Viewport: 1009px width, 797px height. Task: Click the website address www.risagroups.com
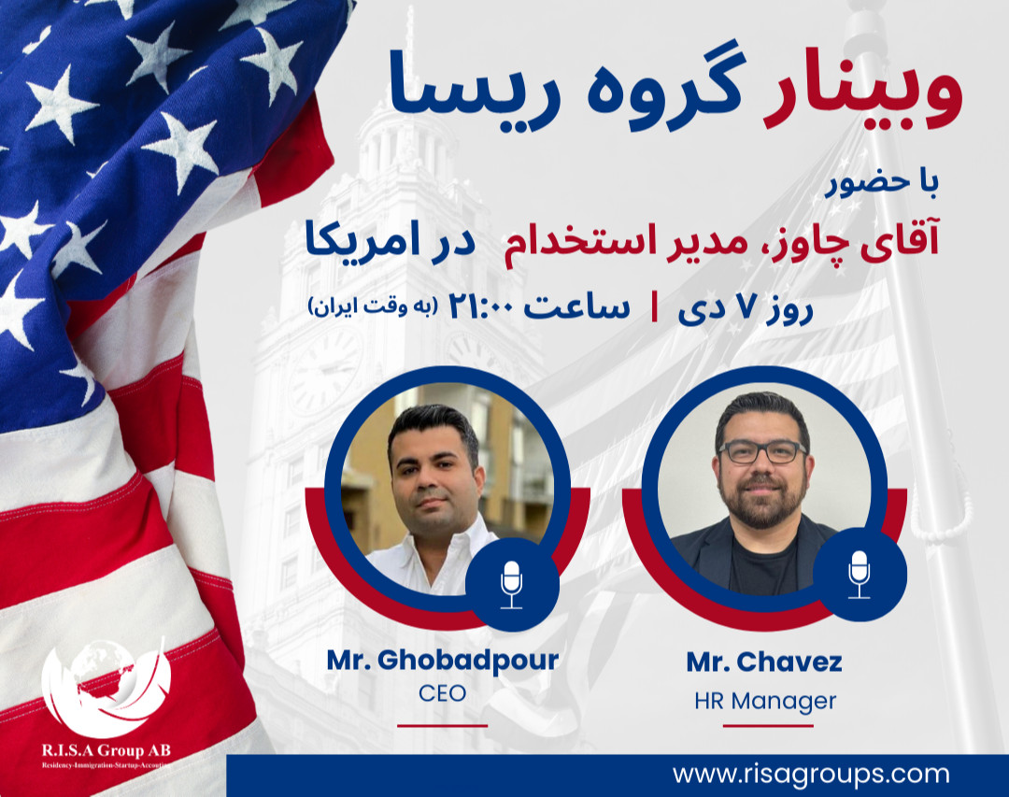(810, 774)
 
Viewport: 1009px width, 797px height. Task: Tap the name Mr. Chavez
(764, 662)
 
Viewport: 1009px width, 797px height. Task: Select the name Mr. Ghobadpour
(442, 660)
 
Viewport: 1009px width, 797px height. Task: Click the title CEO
(442, 694)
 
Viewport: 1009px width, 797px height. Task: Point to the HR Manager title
(765, 700)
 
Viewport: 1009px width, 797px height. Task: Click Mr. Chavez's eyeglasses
(762, 451)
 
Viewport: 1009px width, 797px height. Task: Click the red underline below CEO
(442, 724)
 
